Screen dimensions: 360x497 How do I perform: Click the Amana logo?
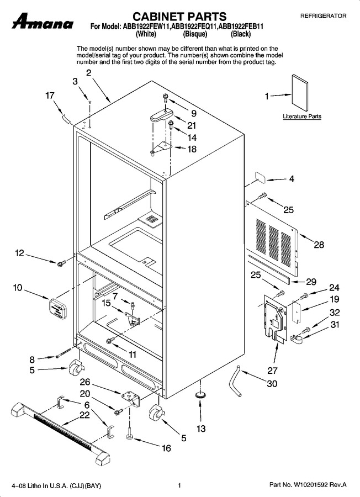[43, 22]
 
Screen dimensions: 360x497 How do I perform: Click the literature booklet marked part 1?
[300, 93]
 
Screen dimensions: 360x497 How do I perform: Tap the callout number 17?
[50, 96]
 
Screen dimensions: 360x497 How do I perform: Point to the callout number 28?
[319, 245]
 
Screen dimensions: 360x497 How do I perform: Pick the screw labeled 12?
[61, 263]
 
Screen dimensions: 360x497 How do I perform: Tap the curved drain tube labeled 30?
[237, 380]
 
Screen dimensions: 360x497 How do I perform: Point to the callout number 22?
[84, 415]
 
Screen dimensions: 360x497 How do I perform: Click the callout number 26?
[85, 382]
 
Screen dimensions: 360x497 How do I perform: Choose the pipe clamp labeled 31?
[297, 339]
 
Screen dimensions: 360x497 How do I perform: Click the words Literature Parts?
[302, 117]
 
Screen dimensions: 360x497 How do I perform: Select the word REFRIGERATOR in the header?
[323, 16]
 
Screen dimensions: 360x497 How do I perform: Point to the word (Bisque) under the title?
[195, 34]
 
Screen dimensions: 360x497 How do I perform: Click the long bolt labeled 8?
[63, 352]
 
